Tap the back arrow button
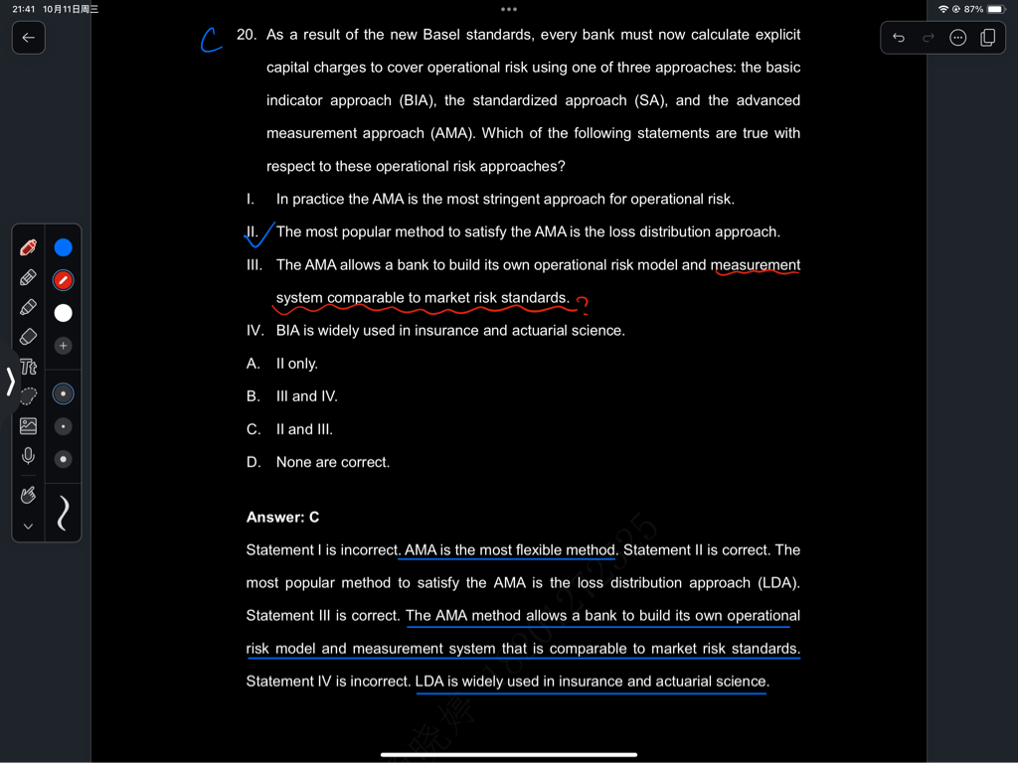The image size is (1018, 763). (x=28, y=38)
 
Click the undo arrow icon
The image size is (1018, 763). (x=899, y=38)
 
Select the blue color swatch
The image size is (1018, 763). (x=63, y=247)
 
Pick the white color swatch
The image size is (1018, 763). (x=63, y=313)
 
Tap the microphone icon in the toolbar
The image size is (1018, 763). (x=28, y=456)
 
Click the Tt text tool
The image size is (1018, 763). (x=28, y=368)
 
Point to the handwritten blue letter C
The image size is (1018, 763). (x=210, y=40)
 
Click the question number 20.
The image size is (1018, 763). (x=247, y=35)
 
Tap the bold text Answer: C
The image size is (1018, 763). (x=283, y=518)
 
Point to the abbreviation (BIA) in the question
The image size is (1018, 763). (x=417, y=100)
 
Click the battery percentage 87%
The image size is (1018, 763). (x=973, y=9)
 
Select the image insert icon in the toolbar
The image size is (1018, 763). (x=28, y=426)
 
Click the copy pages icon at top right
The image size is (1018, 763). (x=987, y=38)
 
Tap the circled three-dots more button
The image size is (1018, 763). (x=958, y=38)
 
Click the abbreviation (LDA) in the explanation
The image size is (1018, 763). (x=777, y=583)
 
